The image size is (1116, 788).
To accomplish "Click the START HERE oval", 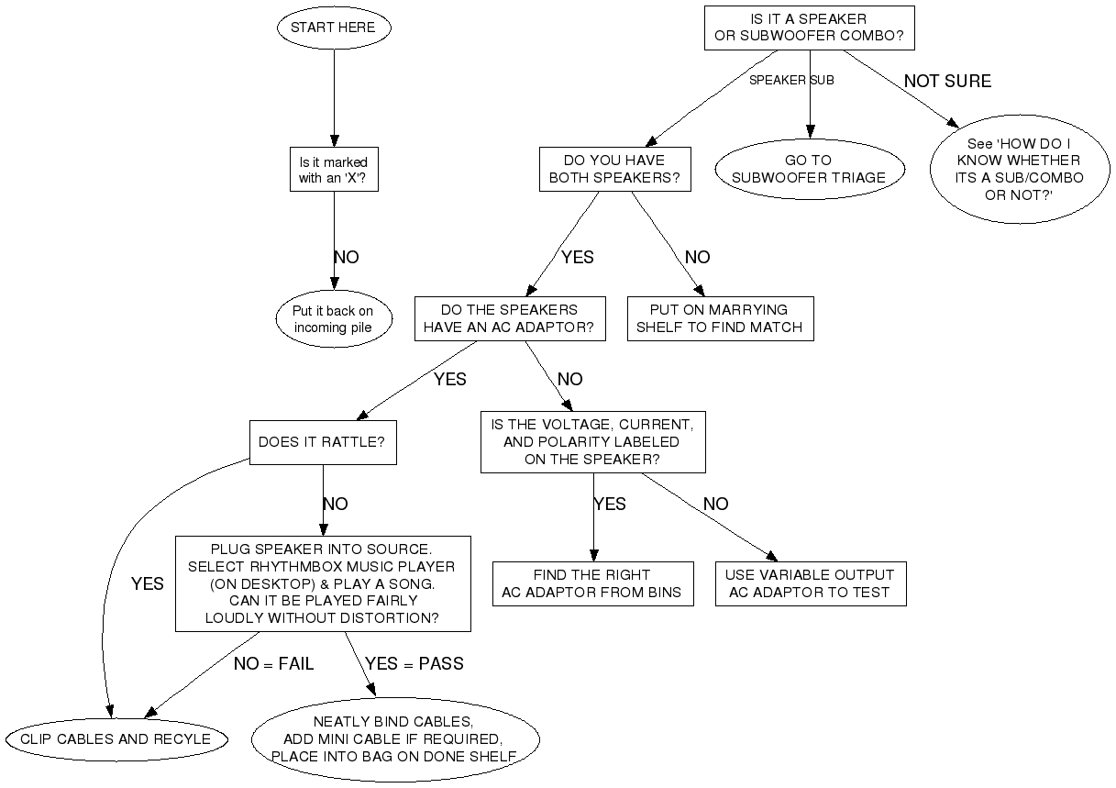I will (333, 28).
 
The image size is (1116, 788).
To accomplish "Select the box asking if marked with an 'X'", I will (333, 171).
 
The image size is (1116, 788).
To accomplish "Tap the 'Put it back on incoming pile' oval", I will (333, 319).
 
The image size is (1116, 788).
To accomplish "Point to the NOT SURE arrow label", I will (947, 81).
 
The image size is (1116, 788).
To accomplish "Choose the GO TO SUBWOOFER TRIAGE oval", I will (809, 169).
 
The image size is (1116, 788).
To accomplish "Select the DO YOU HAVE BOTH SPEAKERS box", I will (614, 169).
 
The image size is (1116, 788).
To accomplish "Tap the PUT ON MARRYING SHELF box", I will (720, 318).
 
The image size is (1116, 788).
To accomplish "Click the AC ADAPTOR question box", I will (509, 318).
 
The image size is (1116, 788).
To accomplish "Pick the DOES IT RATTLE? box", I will (322, 442).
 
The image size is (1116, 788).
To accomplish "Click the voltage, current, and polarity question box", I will (592, 442).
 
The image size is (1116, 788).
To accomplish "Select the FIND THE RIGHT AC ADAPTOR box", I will (591, 583).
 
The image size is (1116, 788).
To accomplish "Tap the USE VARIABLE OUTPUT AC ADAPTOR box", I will (810, 583).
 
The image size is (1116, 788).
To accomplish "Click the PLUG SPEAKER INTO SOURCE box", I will (322, 583).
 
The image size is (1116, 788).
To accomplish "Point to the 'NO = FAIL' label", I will (273, 663).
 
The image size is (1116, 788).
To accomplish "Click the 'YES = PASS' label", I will (414, 663).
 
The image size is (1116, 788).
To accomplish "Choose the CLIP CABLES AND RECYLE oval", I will (116, 738).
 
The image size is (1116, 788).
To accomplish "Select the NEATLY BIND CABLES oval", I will (394, 738).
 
